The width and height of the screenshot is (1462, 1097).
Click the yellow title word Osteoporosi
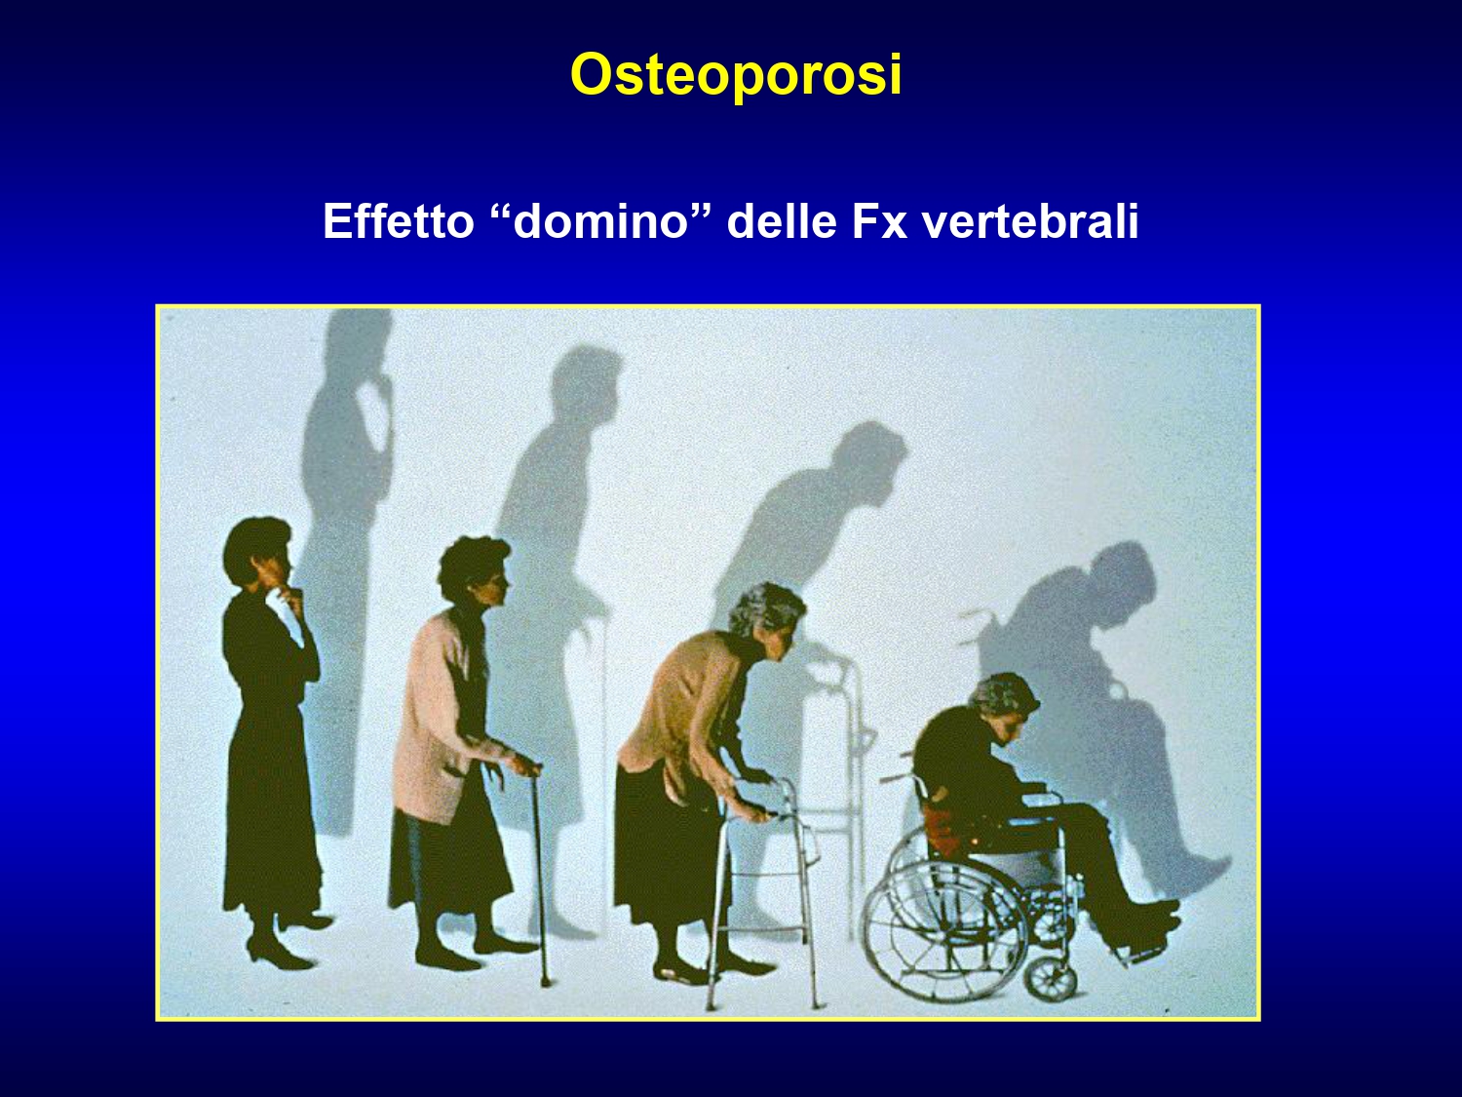pyautogui.click(x=736, y=75)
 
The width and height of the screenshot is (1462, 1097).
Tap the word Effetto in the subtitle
pyautogui.click(x=399, y=220)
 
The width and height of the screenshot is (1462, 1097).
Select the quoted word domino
pyautogui.click(x=600, y=220)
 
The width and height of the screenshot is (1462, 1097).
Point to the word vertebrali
pyautogui.click(x=1030, y=220)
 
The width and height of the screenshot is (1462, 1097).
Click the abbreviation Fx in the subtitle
pyautogui.click(x=879, y=220)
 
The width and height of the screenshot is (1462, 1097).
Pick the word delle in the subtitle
pyautogui.click(x=782, y=220)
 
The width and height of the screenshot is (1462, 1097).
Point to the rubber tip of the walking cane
pyautogui.click(x=546, y=980)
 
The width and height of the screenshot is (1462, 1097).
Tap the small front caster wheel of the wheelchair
pyautogui.click(x=1051, y=977)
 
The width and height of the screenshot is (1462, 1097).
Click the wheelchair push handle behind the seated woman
pyautogui.click(x=895, y=777)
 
